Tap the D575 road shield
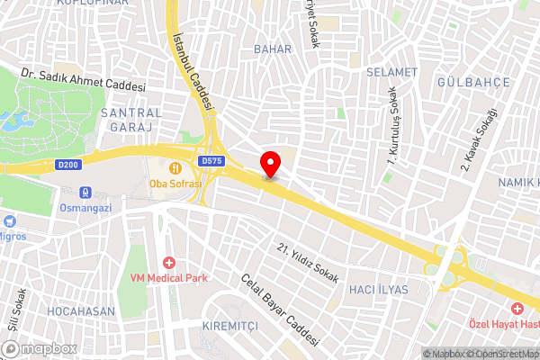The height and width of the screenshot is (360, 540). coord(212,161)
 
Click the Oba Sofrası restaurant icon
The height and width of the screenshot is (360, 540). coord(176,166)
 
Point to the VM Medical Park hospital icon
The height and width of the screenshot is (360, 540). coord(168,262)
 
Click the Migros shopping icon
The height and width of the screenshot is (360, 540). coord(9,220)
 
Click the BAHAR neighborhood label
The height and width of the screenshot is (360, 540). coord(273,49)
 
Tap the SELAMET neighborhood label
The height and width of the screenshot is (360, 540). coord(392,71)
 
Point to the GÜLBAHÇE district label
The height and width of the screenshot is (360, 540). coord(473,82)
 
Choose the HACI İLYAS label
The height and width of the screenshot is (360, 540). coord(378,290)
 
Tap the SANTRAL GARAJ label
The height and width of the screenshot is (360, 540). coord(132,121)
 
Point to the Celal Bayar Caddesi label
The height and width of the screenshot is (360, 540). coord(280,311)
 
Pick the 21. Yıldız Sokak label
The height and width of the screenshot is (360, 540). coord(308,263)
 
